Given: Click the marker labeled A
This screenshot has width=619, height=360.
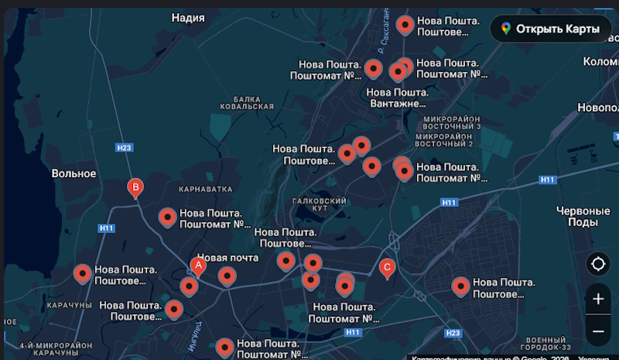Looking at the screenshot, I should click(198, 266).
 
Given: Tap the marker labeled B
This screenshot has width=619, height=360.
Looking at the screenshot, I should click(135, 187).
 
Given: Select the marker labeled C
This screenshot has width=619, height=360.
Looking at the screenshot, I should click(388, 268).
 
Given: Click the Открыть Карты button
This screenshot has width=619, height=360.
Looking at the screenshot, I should click(550, 29).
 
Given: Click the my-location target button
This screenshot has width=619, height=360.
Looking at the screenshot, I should click(598, 264).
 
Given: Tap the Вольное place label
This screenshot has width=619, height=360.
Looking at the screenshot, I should click(74, 173).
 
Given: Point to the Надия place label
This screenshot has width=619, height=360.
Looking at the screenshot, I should click(189, 17).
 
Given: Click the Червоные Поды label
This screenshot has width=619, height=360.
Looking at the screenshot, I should click(583, 216).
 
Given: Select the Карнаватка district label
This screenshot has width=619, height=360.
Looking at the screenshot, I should click(205, 189).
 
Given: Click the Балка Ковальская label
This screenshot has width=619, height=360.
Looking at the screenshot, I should click(247, 103).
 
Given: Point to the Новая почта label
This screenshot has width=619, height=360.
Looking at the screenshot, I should click(227, 257).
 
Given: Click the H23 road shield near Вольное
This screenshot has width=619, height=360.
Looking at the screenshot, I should click(124, 147).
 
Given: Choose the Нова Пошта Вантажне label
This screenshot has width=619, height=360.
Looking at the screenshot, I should click(397, 98).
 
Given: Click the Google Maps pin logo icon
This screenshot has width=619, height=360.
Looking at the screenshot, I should click(505, 29).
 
